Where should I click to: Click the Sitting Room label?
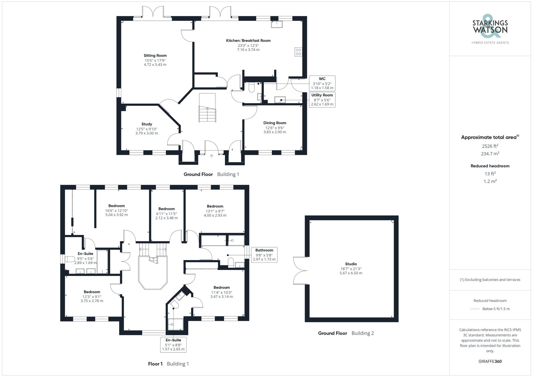point(155,55)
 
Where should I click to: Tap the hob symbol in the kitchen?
point(298,52)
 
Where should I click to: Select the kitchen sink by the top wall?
point(277,24)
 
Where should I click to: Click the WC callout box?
point(322,83)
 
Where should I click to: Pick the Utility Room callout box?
point(322,100)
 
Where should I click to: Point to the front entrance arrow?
point(211,156)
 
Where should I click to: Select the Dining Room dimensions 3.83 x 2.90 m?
point(275,132)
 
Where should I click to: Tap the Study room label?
point(147,124)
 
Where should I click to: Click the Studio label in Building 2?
point(351,264)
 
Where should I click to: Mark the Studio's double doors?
point(300,270)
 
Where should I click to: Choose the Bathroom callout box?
point(264,255)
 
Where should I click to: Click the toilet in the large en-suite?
point(70,259)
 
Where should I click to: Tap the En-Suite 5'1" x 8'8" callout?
point(173,344)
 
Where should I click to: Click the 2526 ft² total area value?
point(490,146)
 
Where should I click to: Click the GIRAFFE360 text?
point(490,361)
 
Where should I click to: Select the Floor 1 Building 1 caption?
point(168,364)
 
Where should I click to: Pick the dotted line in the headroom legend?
point(475,309)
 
